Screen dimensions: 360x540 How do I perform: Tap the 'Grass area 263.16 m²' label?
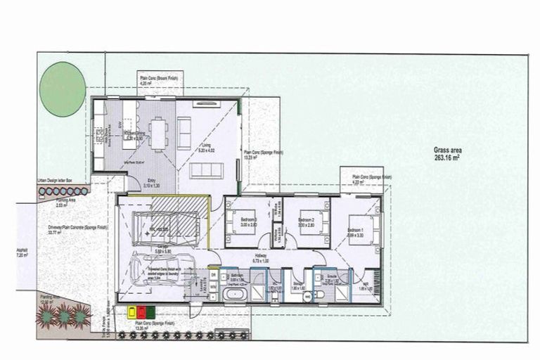[446, 154]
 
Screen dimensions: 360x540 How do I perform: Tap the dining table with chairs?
[158, 131]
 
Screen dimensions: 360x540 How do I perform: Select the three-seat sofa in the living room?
[207, 171]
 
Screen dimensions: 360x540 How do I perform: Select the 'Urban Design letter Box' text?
[60, 181]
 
